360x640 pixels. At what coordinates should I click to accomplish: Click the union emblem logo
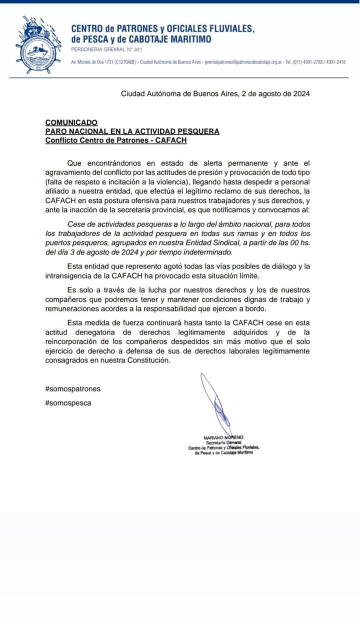point(37,44)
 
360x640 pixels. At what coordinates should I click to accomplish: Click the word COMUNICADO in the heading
point(71,122)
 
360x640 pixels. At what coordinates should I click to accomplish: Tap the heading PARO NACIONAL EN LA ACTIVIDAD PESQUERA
point(132,131)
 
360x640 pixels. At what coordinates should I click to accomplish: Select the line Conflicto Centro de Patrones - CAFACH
point(115,140)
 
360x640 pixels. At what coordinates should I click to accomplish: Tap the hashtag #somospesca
point(68,402)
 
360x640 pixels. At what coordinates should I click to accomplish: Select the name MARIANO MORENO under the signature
point(223,437)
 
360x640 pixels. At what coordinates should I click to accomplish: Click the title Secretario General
point(223,442)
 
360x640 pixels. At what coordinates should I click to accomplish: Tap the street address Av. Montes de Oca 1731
point(92,62)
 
